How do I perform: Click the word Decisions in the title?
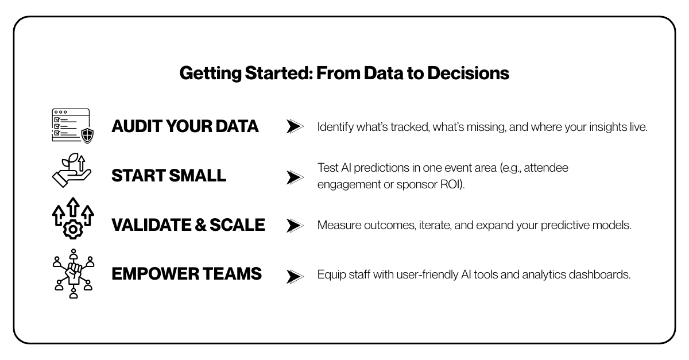468,73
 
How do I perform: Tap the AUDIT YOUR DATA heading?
185,126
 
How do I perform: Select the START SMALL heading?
169,175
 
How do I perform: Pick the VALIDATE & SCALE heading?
188,224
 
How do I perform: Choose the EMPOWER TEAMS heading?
187,273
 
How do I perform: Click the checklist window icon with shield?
72,126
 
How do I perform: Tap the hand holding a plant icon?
72,170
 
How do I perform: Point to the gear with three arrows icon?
73,218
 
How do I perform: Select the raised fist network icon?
73,273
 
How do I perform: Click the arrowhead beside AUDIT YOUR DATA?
295,126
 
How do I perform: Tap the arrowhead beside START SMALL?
295,177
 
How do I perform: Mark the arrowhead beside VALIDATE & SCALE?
295,226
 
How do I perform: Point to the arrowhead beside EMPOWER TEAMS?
295,276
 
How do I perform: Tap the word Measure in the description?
339,225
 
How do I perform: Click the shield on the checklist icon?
87,136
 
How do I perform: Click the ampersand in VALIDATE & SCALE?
200,225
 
